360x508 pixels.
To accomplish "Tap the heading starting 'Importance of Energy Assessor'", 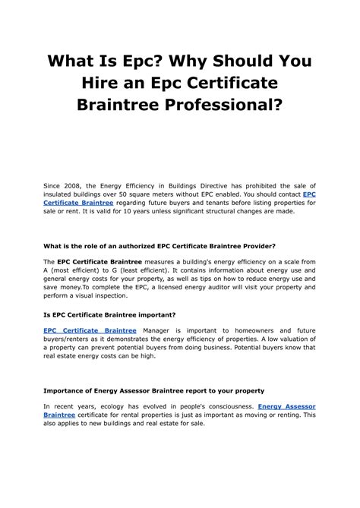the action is (153, 390).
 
